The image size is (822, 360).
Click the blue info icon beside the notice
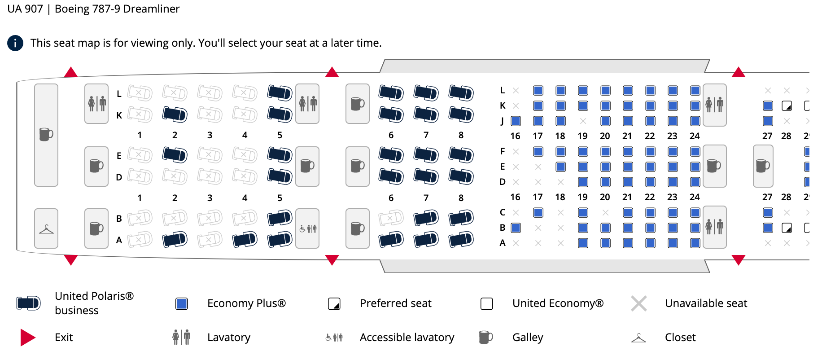click(x=15, y=43)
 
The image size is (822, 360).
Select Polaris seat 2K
click(x=175, y=114)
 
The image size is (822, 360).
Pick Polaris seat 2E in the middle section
click(x=175, y=155)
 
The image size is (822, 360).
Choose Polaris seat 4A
click(x=245, y=239)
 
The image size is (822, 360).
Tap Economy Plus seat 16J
click(x=516, y=121)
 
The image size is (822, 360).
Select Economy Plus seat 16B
click(x=516, y=228)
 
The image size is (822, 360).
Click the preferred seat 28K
click(x=787, y=106)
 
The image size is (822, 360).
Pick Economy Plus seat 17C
click(x=538, y=212)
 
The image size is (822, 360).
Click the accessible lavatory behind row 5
click(x=308, y=228)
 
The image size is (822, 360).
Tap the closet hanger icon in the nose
click(x=46, y=229)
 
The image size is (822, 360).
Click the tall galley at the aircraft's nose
click(x=46, y=135)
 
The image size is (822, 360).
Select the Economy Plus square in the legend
click(x=182, y=304)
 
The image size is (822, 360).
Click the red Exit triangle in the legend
click(x=27, y=338)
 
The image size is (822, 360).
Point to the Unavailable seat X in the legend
click(x=638, y=304)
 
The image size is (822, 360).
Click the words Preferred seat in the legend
click(x=395, y=303)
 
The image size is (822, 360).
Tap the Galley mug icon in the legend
click(x=485, y=337)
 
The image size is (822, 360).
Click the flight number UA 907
click(x=25, y=9)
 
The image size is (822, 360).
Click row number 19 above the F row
click(x=582, y=136)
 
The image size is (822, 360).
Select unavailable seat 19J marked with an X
click(x=583, y=121)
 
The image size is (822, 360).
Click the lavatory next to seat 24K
click(x=714, y=105)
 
